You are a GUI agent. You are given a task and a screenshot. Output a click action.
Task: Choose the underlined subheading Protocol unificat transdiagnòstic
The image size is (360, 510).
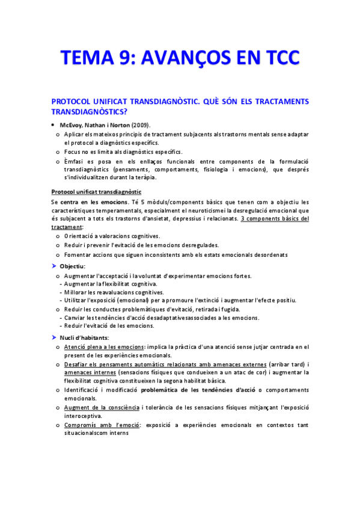click(96, 191)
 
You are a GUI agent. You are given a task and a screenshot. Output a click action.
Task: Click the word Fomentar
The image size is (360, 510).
click(78, 254)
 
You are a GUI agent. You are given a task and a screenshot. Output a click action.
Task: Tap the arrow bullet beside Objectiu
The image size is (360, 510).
click(53, 265)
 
